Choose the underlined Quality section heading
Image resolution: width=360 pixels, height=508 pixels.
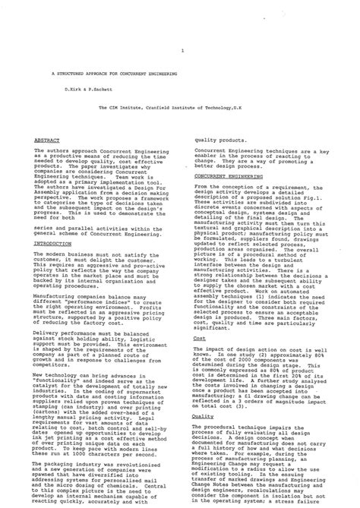tap(203, 416)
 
